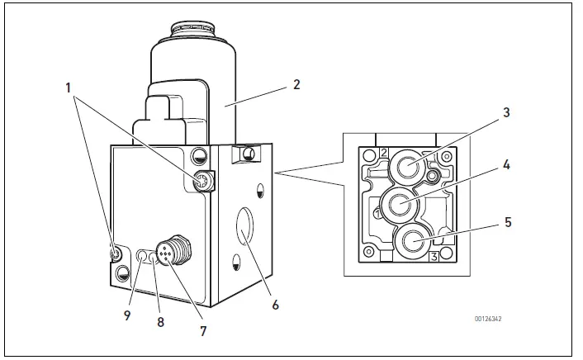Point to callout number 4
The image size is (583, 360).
coord(507,165)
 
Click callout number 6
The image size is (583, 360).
coord(275,305)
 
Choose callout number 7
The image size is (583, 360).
coord(201,331)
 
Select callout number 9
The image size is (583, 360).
coord(127,315)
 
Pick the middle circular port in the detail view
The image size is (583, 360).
coord(401,203)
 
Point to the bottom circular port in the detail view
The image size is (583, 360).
coord(411,242)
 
